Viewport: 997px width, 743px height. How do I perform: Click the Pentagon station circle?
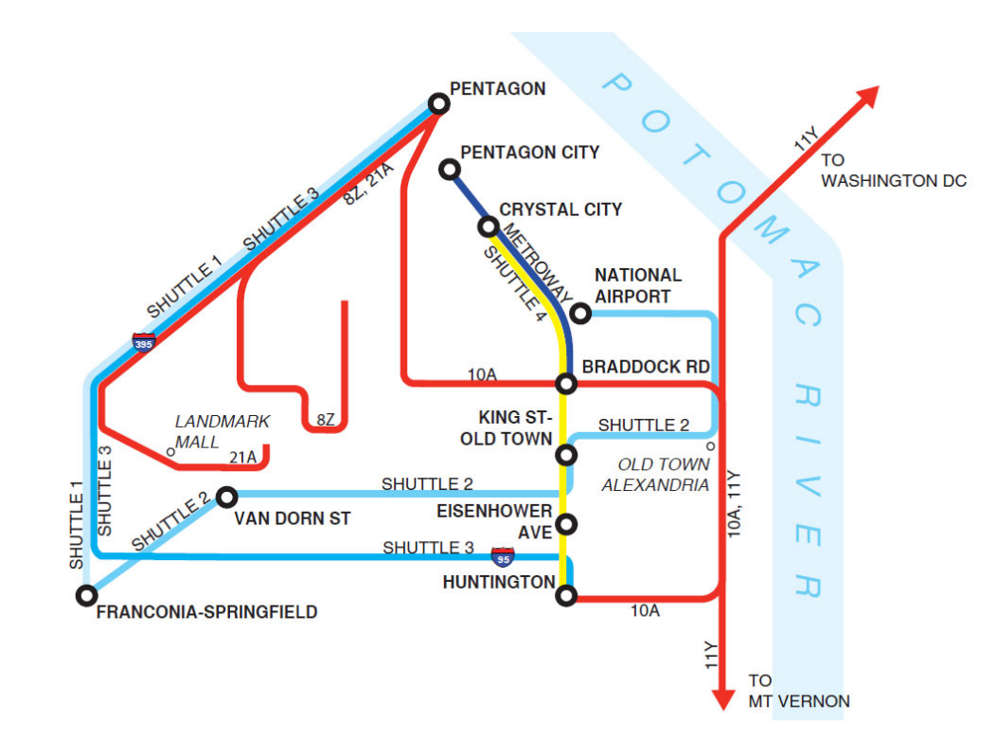pyautogui.click(x=438, y=102)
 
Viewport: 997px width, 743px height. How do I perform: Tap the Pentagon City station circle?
pyautogui.click(x=451, y=170)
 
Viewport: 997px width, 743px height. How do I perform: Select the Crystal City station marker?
pyautogui.click(x=489, y=227)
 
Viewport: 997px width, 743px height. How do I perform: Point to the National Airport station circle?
pyautogui.click(x=580, y=314)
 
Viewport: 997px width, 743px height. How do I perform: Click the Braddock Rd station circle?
pyautogui.click(x=566, y=384)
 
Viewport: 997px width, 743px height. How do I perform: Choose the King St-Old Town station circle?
pyautogui.click(x=566, y=455)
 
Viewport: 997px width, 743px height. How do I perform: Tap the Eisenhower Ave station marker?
pyautogui.click(x=566, y=524)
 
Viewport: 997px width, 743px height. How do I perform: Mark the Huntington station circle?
pyautogui.click(x=566, y=595)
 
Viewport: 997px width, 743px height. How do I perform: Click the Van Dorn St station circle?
pyautogui.click(x=226, y=497)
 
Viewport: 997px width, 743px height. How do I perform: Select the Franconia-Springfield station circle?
pyautogui.click(x=86, y=595)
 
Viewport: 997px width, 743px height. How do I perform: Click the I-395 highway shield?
pyautogui.click(x=144, y=342)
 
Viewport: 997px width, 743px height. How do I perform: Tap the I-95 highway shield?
pyautogui.click(x=503, y=556)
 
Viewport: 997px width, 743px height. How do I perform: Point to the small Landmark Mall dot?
pyautogui.click(x=171, y=452)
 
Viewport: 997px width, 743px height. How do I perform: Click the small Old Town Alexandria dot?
pyautogui.click(x=709, y=445)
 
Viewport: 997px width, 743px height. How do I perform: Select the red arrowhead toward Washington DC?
pyautogui.click(x=865, y=99)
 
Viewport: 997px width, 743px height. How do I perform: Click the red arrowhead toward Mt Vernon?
pyautogui.click(x=723, y=698)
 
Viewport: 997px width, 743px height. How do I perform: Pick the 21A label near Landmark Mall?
pyautogui.click(x=243, y=458)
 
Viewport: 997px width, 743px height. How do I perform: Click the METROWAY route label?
pyautogui.click(x=536, y=265)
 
